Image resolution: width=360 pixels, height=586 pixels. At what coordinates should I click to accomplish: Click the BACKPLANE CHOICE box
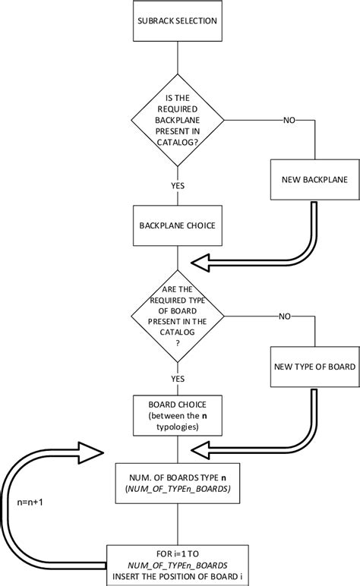click(x=176, y=225)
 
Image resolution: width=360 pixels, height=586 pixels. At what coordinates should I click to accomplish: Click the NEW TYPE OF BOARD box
click(x=313, y=366)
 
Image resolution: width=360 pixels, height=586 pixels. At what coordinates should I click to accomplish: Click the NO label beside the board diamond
click(x=285, y=315)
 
